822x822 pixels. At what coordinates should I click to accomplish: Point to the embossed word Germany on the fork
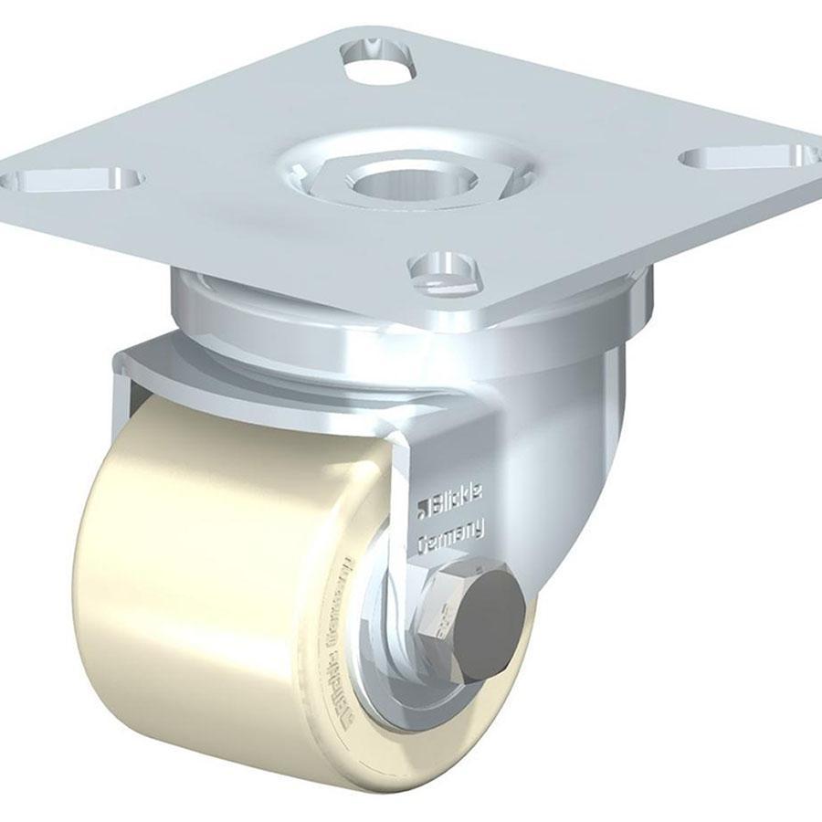[x=454, y=537]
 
